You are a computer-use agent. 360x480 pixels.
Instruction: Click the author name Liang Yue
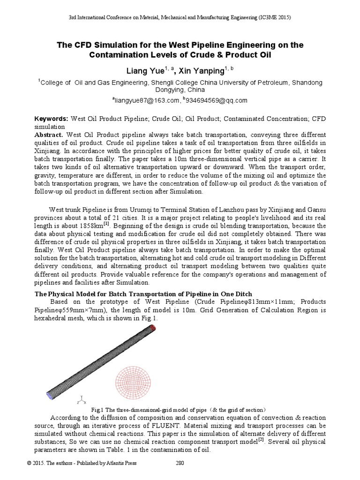(144, 71)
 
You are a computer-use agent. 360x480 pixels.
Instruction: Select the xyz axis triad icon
(82, 399)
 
